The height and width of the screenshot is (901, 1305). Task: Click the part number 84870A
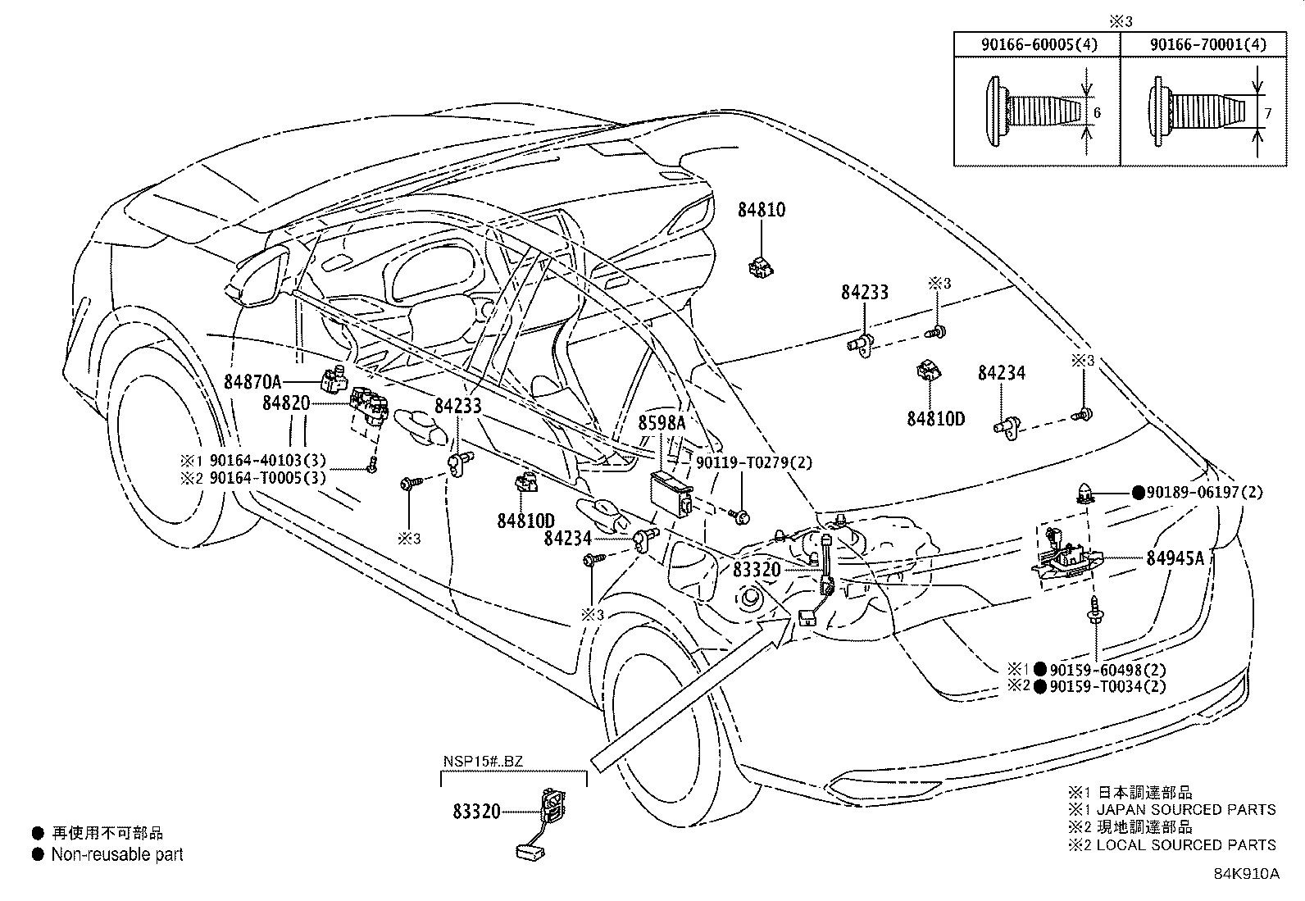tap(252, 380)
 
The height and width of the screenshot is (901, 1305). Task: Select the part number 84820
tap(286, 403)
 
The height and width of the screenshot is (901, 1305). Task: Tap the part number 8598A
tap(662, 423)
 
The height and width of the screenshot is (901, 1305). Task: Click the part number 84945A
tap(1175, 558)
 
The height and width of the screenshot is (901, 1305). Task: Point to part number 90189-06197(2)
tap(1203, 493)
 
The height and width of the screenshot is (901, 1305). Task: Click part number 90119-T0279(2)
tap(754, 463)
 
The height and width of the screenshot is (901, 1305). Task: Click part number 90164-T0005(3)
tap(267, 478)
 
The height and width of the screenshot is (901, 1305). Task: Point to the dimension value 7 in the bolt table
tap(1267, 114)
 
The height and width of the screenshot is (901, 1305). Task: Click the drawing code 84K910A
tap(1246, 873)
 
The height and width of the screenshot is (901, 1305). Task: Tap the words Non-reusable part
tap(117, 854)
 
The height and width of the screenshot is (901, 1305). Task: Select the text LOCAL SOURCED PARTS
tap(1185, 844)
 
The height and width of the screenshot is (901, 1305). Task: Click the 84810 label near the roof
tap(761, 210)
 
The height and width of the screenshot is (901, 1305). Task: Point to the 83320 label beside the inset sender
tap(476, 812)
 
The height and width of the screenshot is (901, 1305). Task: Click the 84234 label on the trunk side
tap(1001, 374)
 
